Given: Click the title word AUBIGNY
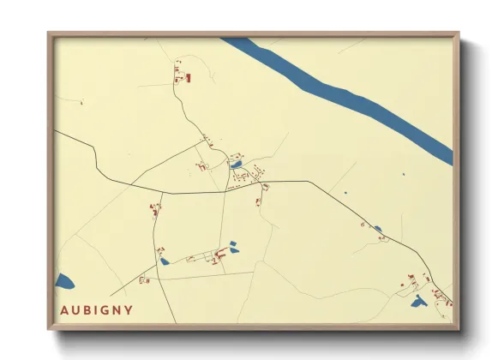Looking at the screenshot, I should pyautogui.click(x=97, y=309).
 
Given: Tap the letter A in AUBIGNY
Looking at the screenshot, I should pyautogui.click(x=65, y=309).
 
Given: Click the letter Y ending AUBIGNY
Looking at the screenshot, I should pyautogui.click(x=129, y=309).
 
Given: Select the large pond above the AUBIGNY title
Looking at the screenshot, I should pyautogui.click(x=64, y=280).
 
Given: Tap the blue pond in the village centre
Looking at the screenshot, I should pyautogui.click(x=236, y=164).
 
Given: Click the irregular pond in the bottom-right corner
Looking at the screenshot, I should pyautogui.click(x=418, y=301).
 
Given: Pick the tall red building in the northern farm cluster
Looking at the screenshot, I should pyautogui.click(x=188, y=78).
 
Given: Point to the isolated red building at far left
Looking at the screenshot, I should pyautogui.click(x=81, y=103).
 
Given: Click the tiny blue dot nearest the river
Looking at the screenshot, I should pyautogui.click(x=403, y=175).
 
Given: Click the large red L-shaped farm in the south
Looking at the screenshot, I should pyautogui.click(x=221, y=255).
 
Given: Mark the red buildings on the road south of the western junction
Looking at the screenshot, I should pyautogui.click(x=155, y=208).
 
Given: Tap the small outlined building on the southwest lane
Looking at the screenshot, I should pyautogui.click(x=144, y=279).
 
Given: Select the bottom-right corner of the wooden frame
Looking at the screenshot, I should pyautogui.click(x=457, y=328).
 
